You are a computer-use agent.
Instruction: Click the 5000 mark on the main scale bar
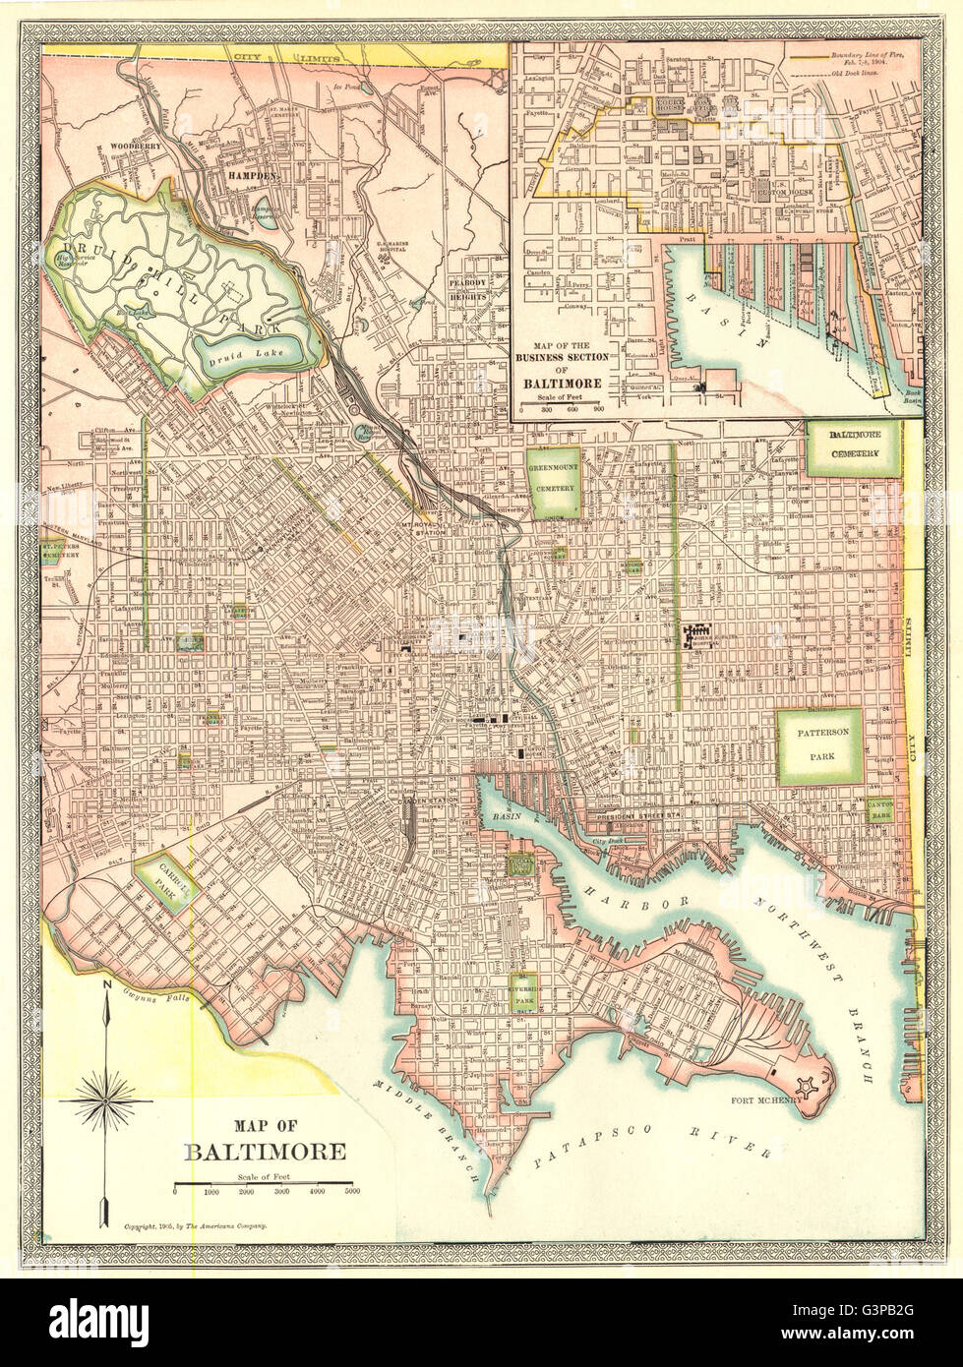point(352,1192)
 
